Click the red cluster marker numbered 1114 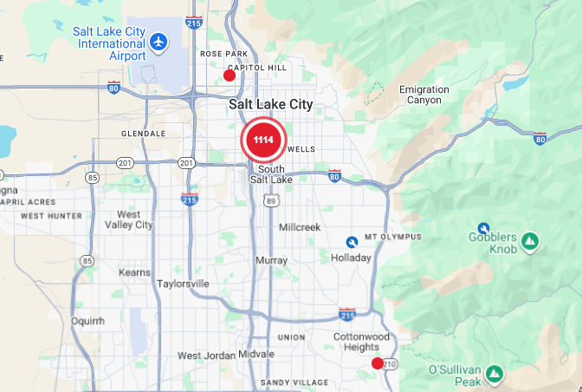point(263,140)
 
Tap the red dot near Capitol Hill point(230,75)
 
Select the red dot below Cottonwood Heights point(377,363)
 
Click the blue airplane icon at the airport point(158,42)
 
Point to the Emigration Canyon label point(424,95)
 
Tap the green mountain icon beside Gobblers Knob point(531,239)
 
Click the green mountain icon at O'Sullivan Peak point(494,374)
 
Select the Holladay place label point(351,258)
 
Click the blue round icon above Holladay point(352,241)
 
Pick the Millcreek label point(300,226)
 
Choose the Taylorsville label point(184,284)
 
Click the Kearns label point(134,273)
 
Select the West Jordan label point(205,356)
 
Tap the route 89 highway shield point(272,200)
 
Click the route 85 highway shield point(92,178)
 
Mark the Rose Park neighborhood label point(217,54)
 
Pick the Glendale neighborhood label point(144,134)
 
